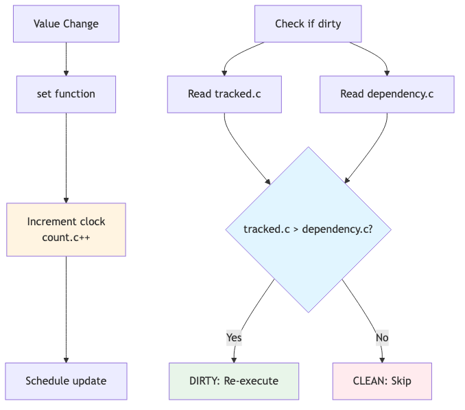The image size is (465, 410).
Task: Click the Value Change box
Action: pos(66,24)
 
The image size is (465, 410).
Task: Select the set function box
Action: pos(66,94)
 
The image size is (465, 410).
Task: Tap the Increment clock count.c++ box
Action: pos(66,229)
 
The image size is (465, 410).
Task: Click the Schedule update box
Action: pos(66,381)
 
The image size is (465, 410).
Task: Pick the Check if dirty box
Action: pos(308,24)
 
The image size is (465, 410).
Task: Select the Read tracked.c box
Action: pos(224,94)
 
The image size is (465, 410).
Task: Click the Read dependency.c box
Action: pos(387,94)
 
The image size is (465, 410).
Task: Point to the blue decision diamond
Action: pos(308,229)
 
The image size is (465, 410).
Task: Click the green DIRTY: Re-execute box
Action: pos(234,381)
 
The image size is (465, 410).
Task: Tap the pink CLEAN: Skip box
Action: pos(382,381)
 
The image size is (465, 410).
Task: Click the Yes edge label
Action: pos(234,337)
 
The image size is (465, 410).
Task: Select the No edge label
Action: pos(382,337)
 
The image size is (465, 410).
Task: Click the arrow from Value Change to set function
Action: pos(66,58)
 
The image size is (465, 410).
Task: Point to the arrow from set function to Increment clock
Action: pos(66,158)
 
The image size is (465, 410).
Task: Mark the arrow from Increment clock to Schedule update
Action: pos(66,309)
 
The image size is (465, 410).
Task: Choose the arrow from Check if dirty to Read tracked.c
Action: pos(237,56)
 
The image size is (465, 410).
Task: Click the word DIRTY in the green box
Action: pos(204,381)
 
